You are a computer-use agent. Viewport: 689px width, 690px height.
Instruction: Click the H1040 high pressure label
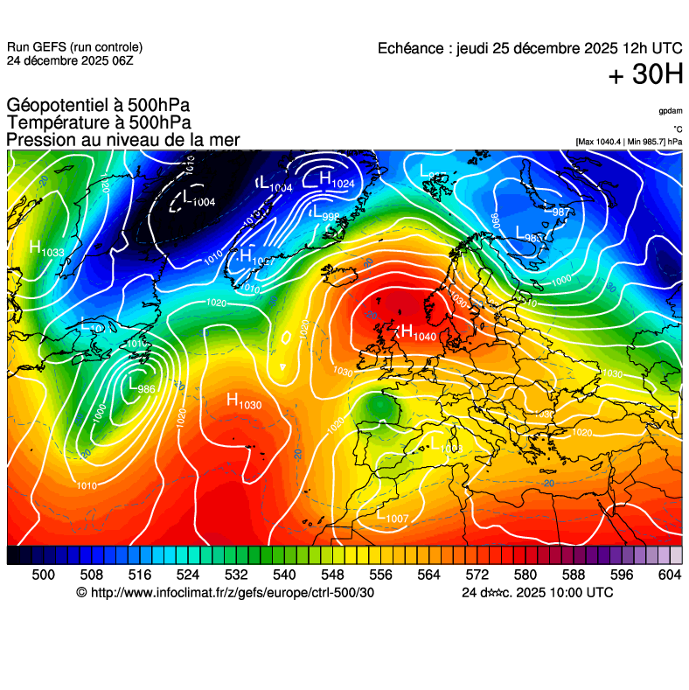(x=417, y=333)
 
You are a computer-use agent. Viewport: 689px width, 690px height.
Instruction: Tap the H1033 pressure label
(x=46, y=249)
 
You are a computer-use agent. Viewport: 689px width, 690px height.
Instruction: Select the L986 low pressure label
(x=142, y=385)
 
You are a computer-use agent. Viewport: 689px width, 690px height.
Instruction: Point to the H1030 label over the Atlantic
(x=243, y=401)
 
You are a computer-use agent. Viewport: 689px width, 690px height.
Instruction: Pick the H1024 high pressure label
(x=337, y=180)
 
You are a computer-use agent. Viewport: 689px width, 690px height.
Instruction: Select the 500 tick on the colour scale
(x=43, y=575)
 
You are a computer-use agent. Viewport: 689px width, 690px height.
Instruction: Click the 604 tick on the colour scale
(x=670, y=575)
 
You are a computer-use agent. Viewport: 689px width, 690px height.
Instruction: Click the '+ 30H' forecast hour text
(x=645, y=76)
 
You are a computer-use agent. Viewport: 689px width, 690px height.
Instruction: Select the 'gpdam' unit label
(x=670, y=111)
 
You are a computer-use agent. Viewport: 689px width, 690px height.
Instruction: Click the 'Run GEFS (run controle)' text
(x=74, y=47)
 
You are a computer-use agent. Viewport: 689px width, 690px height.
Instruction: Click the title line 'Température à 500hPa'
(x=99, y=122)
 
